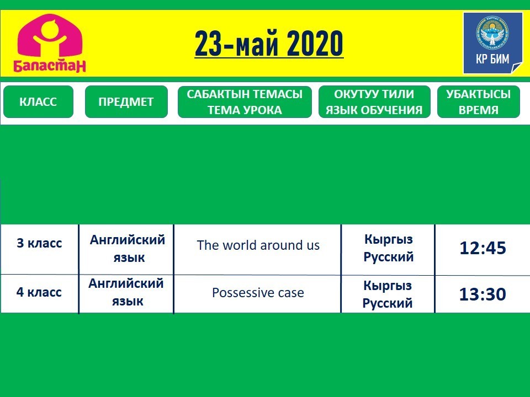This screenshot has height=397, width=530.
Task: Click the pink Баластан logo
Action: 50,43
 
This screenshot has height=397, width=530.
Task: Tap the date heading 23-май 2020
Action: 269,44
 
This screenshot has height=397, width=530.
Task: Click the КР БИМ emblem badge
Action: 492,43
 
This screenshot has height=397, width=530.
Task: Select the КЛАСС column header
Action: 38,101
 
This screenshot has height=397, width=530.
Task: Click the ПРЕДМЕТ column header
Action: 126,101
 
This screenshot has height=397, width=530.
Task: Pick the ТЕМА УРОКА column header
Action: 245,101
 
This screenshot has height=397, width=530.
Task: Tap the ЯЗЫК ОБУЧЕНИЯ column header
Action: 374,101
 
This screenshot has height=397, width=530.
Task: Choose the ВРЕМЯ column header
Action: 478,101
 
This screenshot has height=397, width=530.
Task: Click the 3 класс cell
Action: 40,243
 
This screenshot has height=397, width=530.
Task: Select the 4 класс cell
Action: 39,292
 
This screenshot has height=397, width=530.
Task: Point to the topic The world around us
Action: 258,245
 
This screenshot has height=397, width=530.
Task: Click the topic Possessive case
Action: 258,293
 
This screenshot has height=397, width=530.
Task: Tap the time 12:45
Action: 483,248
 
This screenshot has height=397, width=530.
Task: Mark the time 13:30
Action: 483,294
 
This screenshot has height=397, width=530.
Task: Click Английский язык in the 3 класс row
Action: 128,249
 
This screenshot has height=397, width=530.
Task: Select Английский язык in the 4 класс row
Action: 126,292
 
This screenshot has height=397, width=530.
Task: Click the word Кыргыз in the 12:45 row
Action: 389,240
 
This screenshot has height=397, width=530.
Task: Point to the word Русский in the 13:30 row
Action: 388,303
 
